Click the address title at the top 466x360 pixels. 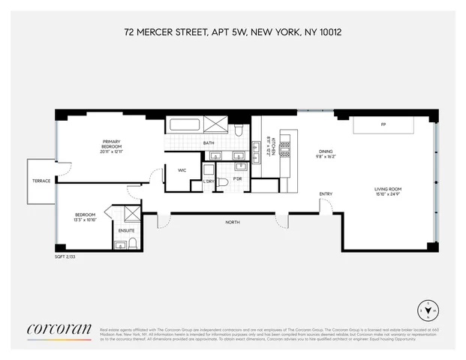(x=233, y=33)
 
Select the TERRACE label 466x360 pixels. (x=42, y=181)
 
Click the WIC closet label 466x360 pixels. (x=182, y=170)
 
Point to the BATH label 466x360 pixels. (x=209, y=143)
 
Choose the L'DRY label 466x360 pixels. (x=209, y=182)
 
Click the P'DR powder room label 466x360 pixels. (x=237, y=178)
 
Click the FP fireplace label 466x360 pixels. (x=383, y=124)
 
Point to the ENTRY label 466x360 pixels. (x=326, y=194)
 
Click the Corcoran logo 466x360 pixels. (x=59, y=328)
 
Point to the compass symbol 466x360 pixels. (x=428, y=310)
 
